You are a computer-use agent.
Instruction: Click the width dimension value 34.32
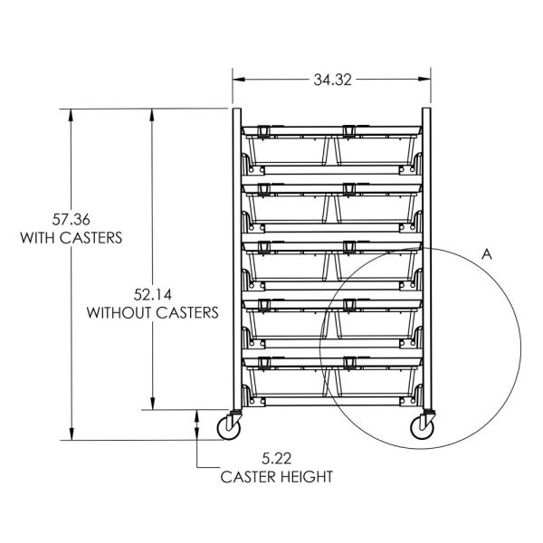click(x=332, y=80)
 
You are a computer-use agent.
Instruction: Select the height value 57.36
click(x=71, y=219)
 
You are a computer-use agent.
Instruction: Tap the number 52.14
click(x=153, y=295)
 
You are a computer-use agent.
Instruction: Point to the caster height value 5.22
click(x=276, y=459)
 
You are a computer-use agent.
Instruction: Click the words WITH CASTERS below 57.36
click(x=71, y=238)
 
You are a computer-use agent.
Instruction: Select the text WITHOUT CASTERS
click(x=153, y=313)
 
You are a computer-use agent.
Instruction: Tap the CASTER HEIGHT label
click(x=277, y=477)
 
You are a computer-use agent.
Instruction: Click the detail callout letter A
click(x=487, y=254)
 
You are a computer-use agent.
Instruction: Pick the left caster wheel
click(x=229, y=428)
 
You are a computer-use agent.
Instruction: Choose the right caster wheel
click(x=422, y=428)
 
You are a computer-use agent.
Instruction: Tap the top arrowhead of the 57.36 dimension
click(x=71, y=115)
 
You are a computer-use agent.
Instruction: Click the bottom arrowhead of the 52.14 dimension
click(x=152, y=404)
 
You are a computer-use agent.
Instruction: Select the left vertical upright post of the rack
click(x=237, y=259)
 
